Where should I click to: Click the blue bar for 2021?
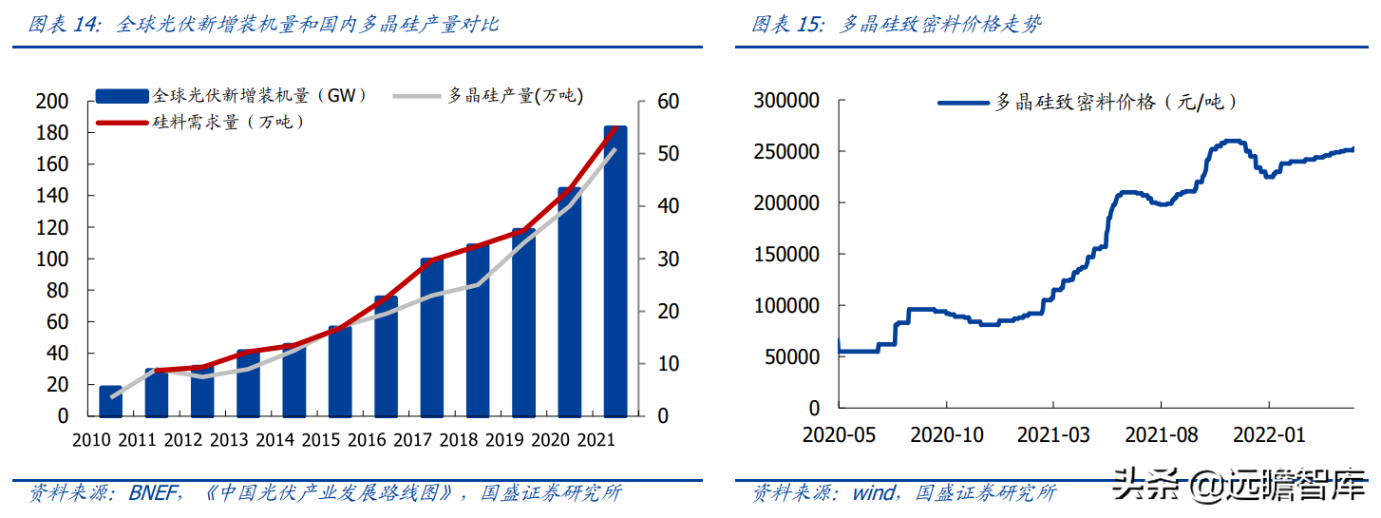[615, 276]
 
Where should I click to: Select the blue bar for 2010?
[111, 401]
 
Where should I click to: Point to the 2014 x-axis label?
[275, 441]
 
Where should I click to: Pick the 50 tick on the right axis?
[668, 154]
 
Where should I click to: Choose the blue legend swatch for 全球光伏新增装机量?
[122, 95]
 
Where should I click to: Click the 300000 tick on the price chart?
[786, 101]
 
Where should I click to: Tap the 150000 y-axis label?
[786, 255]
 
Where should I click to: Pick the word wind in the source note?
[874, 493]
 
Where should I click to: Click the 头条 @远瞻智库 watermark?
[1239, 485]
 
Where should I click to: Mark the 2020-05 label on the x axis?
[840, 435]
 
